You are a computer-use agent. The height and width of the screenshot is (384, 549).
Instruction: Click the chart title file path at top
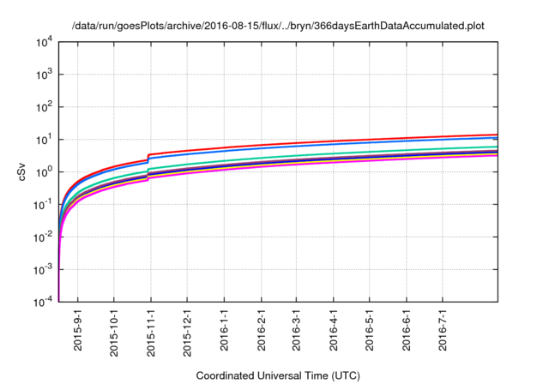click(275, 26)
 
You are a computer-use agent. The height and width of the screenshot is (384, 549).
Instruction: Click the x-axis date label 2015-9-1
click(78, 329)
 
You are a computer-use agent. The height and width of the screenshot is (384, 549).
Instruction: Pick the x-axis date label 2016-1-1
click(223, 329)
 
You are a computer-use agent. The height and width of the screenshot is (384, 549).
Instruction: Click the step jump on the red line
click(149, 158)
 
